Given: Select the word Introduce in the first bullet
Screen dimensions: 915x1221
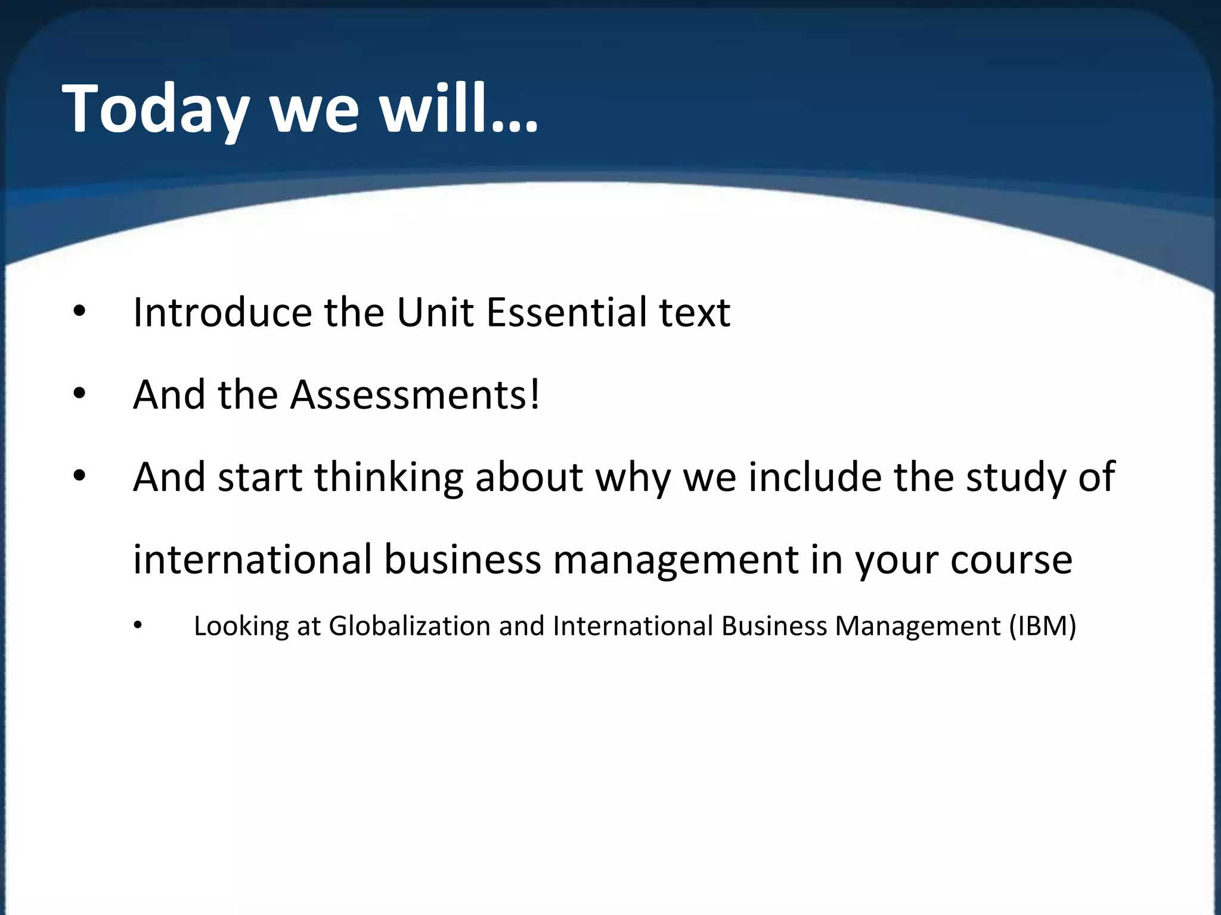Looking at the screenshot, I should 222,312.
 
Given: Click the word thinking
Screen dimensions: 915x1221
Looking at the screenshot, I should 389,477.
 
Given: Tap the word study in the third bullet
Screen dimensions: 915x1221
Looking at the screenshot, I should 1015,477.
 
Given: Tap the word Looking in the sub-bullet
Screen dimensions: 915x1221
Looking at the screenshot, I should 241,626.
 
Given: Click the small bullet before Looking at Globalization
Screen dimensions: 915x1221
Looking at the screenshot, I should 138,625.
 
